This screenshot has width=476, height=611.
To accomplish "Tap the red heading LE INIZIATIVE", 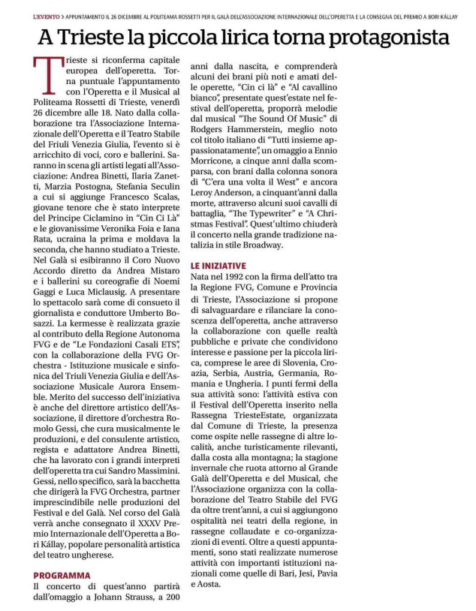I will point(218,266).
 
